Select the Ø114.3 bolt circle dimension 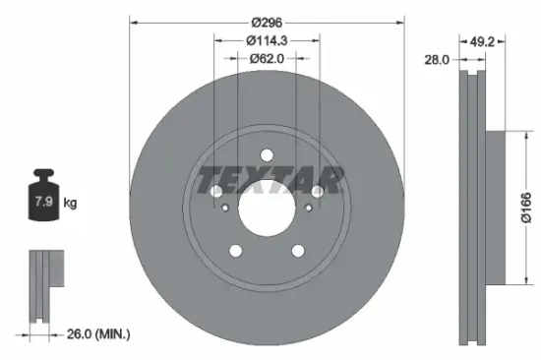click(x=268, y=40)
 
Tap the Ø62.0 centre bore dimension click(x=268, y=59)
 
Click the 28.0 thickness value click(x=437, y=60)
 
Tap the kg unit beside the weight click(x=70, y=204)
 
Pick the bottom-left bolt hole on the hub click(x=234, y=252)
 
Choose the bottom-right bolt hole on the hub click(x=300, y=252)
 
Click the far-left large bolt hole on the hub click(x=214, y=191)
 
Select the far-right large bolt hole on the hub click(x=320, y=191)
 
